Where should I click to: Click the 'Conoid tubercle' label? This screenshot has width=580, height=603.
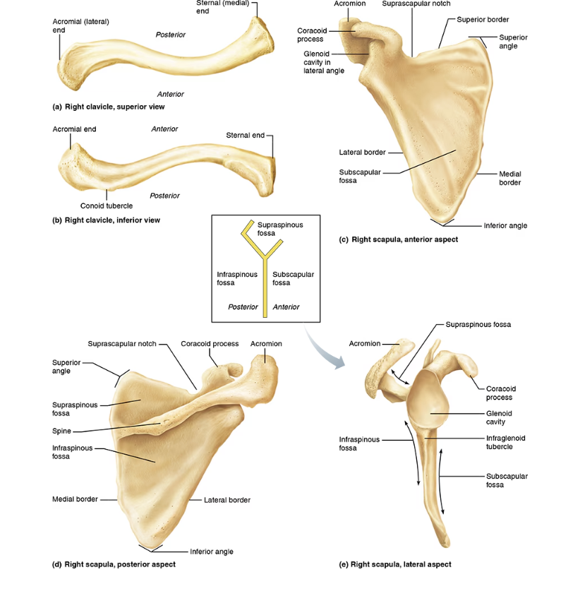click(x=107, y=205)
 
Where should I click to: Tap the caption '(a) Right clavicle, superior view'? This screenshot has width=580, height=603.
click(x=109, y=107)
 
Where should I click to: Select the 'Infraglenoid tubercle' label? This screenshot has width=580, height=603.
click(x=505, y=442)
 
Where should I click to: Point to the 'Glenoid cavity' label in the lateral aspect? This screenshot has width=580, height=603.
click(x=499, y=417)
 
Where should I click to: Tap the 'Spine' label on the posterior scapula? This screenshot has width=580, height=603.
click(x=61, y=431)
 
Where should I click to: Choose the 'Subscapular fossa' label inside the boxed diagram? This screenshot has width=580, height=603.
click(x=294, y=278)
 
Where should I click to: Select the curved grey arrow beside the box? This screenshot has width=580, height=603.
click(x=323, y=348)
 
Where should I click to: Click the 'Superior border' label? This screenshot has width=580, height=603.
click(x=483, y=20)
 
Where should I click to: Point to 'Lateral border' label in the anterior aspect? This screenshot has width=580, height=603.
click(x=362, y=153)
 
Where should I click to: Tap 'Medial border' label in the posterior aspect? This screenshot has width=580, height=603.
click(x=75, y=499)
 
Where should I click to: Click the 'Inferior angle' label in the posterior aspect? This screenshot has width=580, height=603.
click(x=212, y=551)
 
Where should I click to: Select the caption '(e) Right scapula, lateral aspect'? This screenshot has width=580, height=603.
click(x=395, y=565)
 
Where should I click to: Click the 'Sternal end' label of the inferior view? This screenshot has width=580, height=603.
click(x=246, y=136)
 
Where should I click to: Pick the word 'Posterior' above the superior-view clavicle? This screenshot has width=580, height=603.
click(x=171, y=35)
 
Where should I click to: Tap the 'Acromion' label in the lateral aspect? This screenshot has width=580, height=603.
click(x=365, y=343)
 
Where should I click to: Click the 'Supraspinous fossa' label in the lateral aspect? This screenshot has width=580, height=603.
click(x=478, y=325)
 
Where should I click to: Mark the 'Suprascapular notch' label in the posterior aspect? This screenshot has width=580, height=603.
click(x=122, y=344)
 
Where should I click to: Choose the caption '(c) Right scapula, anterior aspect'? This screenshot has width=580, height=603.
click(x=398, y=239)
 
